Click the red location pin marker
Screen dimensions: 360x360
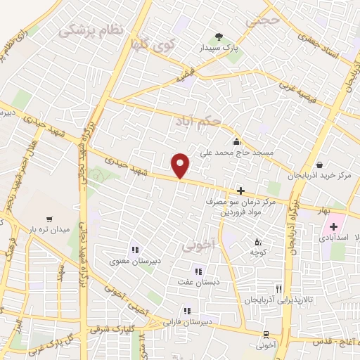pos(181,165)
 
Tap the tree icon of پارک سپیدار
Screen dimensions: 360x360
pos(219,37)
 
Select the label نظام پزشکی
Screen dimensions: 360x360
pos(91,30)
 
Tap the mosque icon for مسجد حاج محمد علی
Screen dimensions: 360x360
pos(242,141)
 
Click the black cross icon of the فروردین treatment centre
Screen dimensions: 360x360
pos(240,191)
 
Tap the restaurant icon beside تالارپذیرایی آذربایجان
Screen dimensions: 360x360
pos(279,289)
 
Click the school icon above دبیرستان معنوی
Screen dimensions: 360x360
pos(134,250)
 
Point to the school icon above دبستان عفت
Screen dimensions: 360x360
pos(198,271)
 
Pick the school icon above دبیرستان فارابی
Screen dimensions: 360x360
pos(186,310)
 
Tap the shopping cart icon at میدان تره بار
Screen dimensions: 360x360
pos(49,220)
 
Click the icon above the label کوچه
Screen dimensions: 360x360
pos(257,242)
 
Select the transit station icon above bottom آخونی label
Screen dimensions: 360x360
pos(265,335)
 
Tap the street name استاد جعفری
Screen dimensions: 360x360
pos(328,46)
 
